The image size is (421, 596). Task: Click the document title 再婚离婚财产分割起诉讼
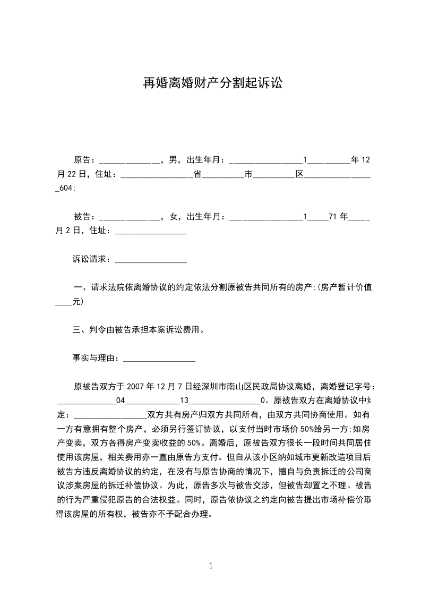click(210, 83)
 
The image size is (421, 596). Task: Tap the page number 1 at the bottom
click(211, 566)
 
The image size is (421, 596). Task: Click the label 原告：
click(85, 159)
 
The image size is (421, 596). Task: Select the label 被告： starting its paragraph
click(85, 217)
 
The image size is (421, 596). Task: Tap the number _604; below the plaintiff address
click(66, 188)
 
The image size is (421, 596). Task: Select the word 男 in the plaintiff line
click(172, 159)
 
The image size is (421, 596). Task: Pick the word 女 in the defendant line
click(172, 217)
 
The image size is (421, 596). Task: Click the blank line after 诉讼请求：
click(151, 261)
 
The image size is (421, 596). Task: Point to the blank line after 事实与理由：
click(159, 360)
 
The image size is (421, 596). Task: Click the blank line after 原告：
click(129, 160)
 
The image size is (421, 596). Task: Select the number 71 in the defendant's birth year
click(333, 217)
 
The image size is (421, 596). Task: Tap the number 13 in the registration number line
click(185, 401)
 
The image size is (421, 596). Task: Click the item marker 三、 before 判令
click(81, 330)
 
